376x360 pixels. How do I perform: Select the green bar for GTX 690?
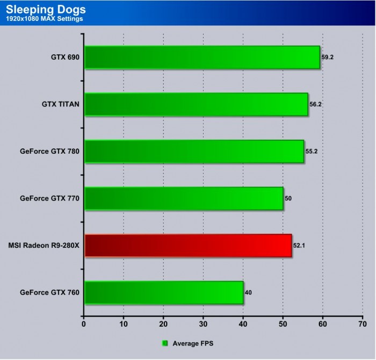click(x=202, y=57)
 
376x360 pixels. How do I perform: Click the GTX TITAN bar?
click(x=196, y=104)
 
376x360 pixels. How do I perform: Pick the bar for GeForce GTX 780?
click(x=194, y=152)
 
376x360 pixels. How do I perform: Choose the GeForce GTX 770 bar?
click(x=184, y=198)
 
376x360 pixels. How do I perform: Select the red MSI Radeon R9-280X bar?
click(x=188, y=246)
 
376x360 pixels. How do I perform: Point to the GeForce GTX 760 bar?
click(x=164, y=293)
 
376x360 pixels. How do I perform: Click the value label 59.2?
click(x=328, y=57)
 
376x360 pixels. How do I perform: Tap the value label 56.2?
click(x=316, y=104)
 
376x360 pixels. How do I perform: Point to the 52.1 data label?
click(x=300, y=246)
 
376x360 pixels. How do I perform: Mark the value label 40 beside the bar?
click(x=249, y=293)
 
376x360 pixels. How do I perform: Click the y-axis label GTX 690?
click(x=64, y=57)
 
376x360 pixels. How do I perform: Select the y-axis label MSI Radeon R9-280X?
click(x=44, y=246)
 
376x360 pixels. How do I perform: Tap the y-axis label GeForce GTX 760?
click(x=49, y=293)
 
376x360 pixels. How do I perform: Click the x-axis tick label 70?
click(x=362, y=325)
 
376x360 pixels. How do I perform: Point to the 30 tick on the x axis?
click(x=203, y=325)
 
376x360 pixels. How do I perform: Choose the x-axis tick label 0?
click(x=84, y=325)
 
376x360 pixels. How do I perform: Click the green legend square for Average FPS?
click(x=165, y=343)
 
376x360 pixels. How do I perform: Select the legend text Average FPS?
click(x=192, y=343)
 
